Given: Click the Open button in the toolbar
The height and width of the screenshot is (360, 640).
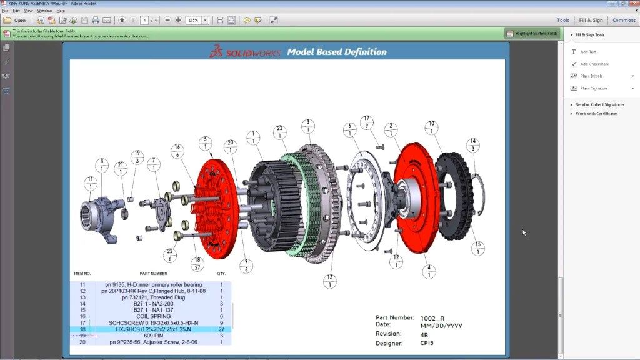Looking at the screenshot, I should coord(16,20).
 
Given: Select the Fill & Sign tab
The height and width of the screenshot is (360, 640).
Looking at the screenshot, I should coord(591,20).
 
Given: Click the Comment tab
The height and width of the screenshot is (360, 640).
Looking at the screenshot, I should coord(624,20).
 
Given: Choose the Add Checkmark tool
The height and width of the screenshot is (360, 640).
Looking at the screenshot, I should coord(594,64).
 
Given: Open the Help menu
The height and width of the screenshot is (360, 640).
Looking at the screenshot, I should coord(61,11).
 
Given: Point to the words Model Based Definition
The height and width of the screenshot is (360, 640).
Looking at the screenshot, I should coord(336,52).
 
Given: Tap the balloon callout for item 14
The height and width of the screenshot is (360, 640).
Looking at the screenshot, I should coord(474,145).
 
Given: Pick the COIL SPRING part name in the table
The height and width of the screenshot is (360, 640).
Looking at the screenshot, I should coord(153,316).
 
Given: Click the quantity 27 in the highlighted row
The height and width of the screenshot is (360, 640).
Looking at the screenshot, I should coord(221,329).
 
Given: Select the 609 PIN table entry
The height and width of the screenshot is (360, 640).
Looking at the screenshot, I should coord(153,336).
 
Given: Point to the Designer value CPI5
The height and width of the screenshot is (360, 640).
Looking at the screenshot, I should coord(427,342).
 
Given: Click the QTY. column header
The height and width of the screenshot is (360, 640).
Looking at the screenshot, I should coord(221,274).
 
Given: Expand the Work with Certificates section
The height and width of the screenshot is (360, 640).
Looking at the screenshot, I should coord(596,114).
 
